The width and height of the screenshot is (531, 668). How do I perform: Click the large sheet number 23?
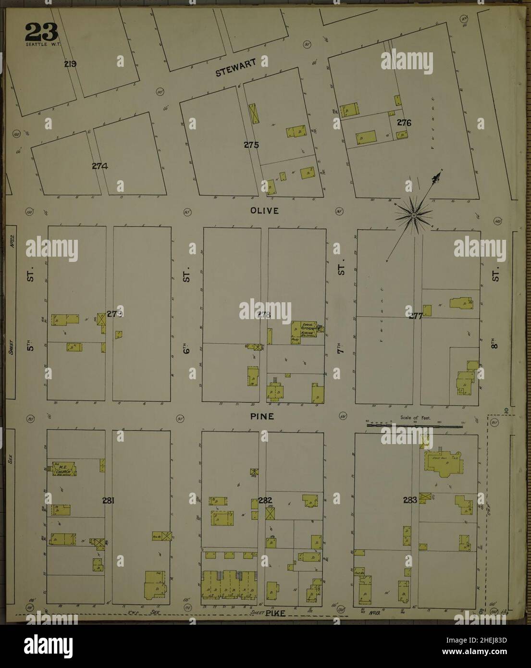tap(41, 32)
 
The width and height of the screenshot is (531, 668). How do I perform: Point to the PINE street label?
tap(261, 417)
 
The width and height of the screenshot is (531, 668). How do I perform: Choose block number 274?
tap(99, 166)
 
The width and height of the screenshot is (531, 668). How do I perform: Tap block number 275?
tap(251, 145)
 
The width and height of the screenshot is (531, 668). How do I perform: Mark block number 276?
tap(404, 123)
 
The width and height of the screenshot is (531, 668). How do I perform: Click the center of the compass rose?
tap(413, 217)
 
